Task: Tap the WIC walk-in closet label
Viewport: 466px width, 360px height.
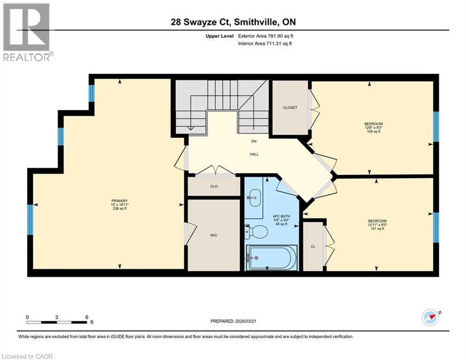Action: tap(214, 235)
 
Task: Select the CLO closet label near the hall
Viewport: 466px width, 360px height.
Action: tap(214, 186)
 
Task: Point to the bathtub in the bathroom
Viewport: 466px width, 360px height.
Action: tap(272, 258)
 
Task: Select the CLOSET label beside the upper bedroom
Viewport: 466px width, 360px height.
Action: tap(290, 107)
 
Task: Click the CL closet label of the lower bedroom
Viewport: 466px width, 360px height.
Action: tap(313, 247)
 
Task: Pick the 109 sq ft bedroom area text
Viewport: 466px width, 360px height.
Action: tap(370, 132)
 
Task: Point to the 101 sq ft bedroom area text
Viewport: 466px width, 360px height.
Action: tap(377, 229)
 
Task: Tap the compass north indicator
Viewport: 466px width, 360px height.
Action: tap(431, 317)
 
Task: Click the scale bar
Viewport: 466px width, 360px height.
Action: tap(57, 322)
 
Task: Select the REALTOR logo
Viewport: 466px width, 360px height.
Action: tap(27, 32)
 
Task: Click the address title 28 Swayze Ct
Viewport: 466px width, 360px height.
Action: tap(233, 22)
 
